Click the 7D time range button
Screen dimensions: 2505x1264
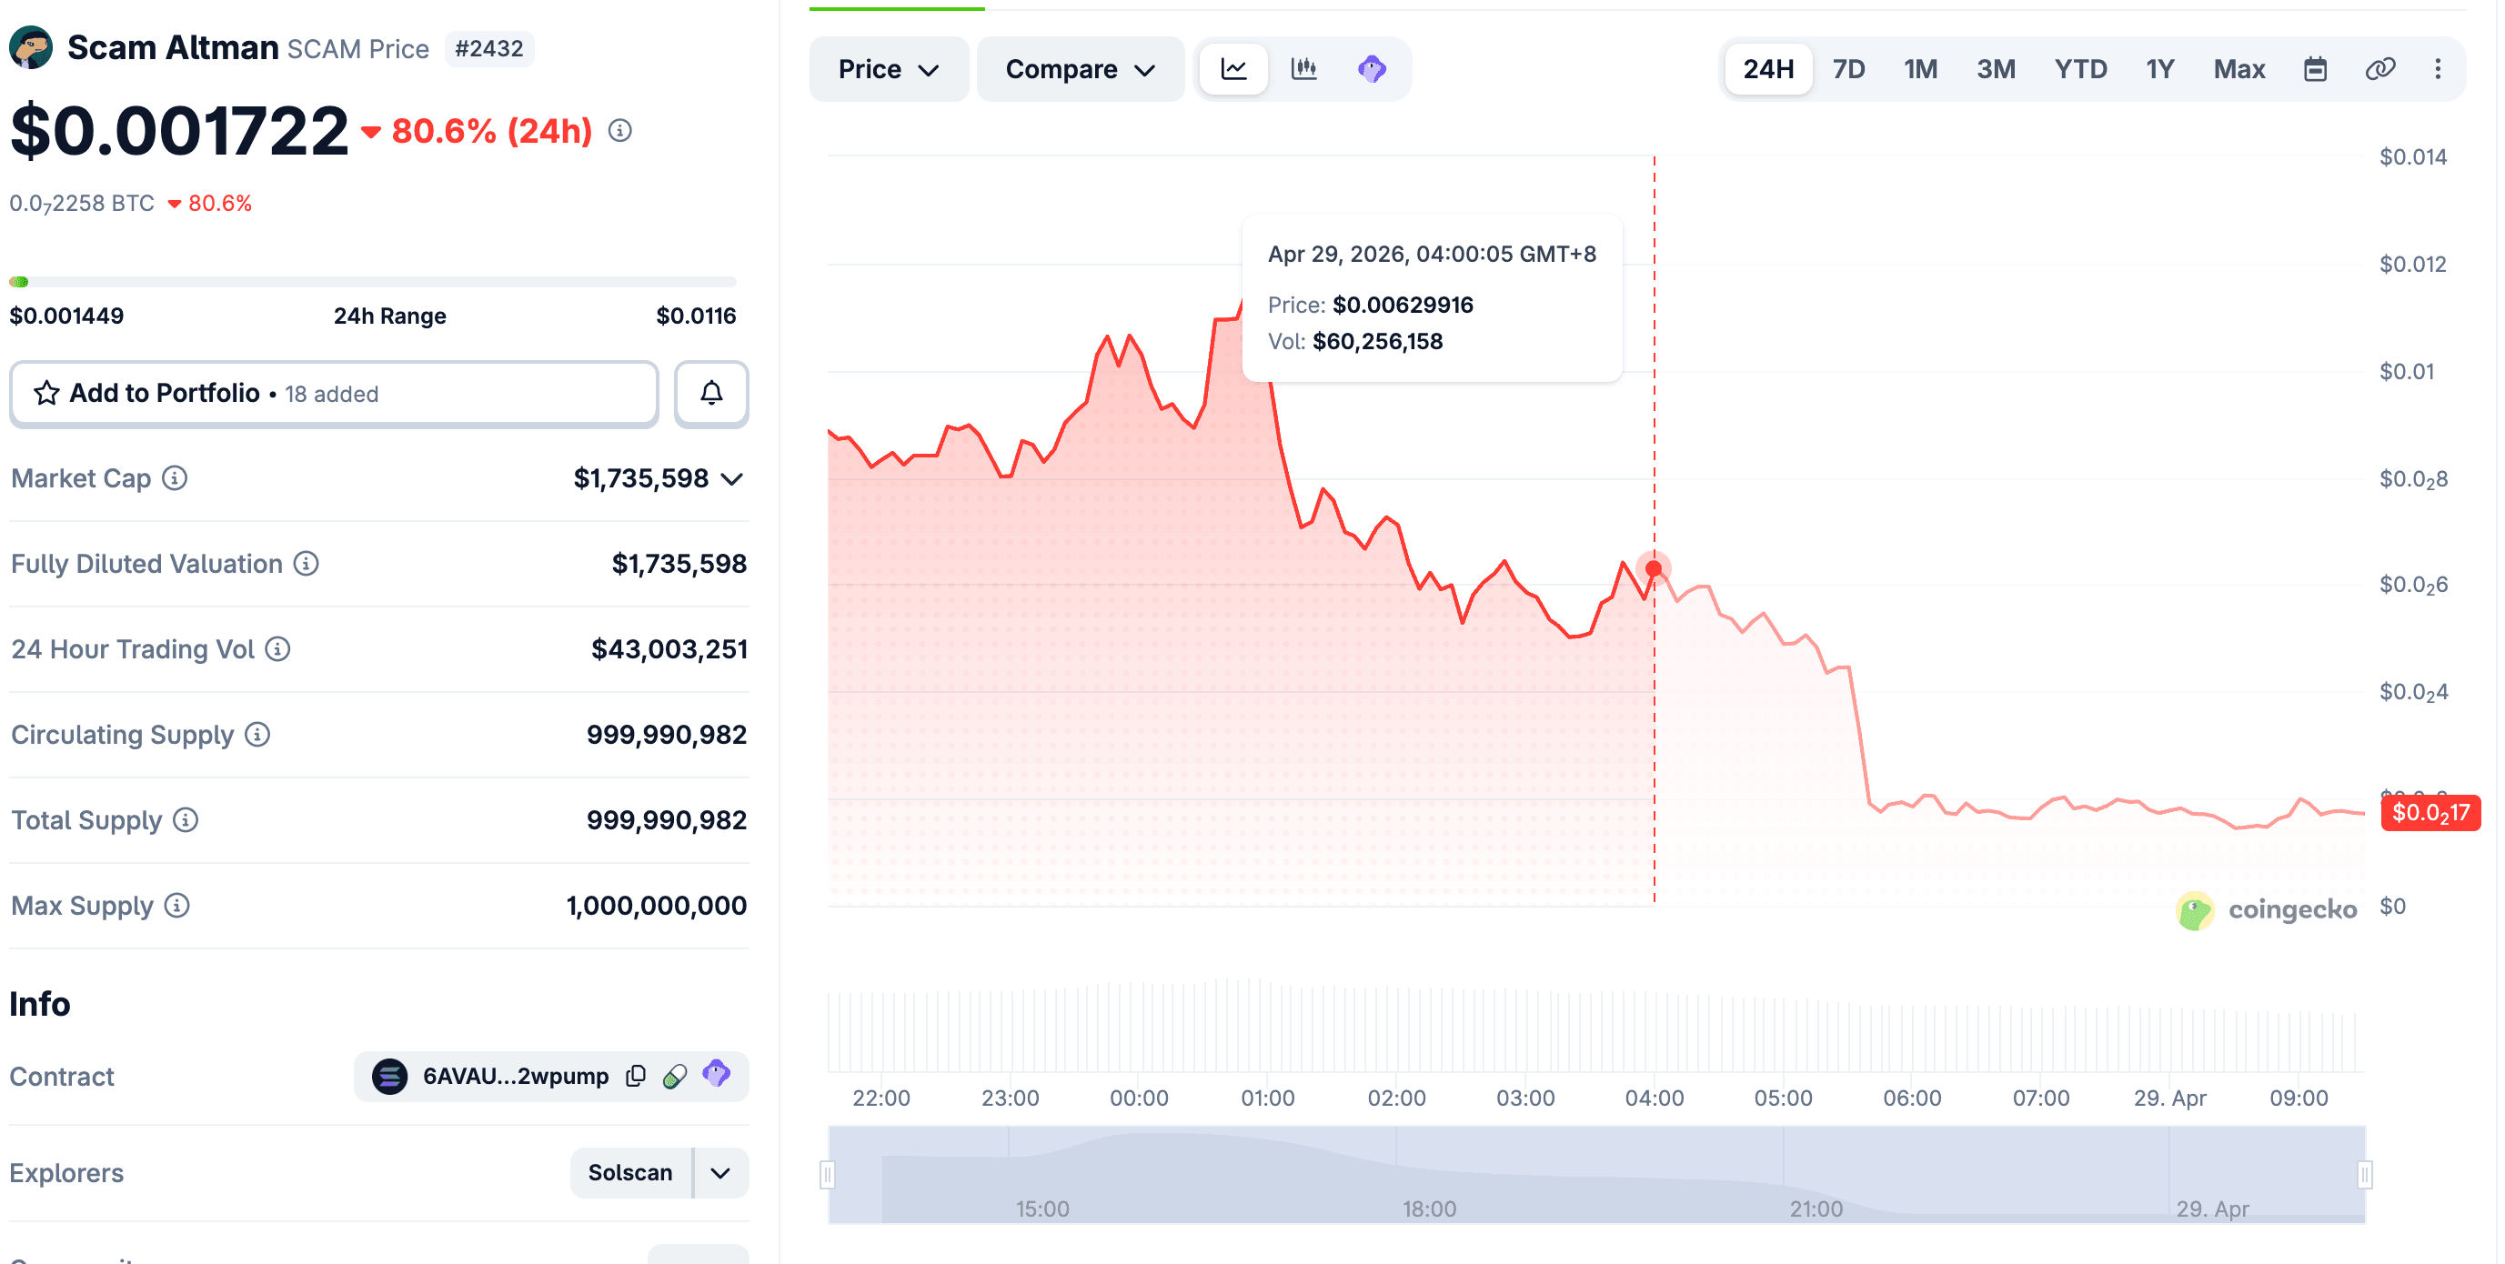[1847, 69]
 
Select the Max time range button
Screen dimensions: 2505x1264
[2238, 69]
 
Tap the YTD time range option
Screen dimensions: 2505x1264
[2080, 69]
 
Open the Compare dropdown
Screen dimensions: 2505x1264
[1080, 69]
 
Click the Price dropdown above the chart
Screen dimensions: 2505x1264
[888, 69]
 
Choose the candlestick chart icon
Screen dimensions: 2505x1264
[1303, 69]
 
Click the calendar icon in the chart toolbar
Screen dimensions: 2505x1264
[2316, 69]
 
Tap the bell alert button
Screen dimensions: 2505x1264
[711, 393]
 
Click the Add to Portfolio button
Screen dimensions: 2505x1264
[334, 393]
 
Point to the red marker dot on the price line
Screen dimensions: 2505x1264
[1653, 569]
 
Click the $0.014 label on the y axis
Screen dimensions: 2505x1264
[2412, 156]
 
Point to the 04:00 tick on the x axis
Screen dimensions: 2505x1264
[1655, 1098]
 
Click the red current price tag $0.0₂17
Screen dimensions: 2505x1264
[2430, 813]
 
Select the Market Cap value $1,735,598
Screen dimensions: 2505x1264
[641, 478]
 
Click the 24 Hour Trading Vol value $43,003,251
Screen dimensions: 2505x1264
[669, 648]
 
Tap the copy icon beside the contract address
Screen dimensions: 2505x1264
[636, 1076]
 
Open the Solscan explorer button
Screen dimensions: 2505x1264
[630, 1172]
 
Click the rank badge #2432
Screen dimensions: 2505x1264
[489, 48]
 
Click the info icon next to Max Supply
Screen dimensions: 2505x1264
[177, 905]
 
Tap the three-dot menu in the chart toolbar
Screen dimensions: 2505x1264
[2437, 69]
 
